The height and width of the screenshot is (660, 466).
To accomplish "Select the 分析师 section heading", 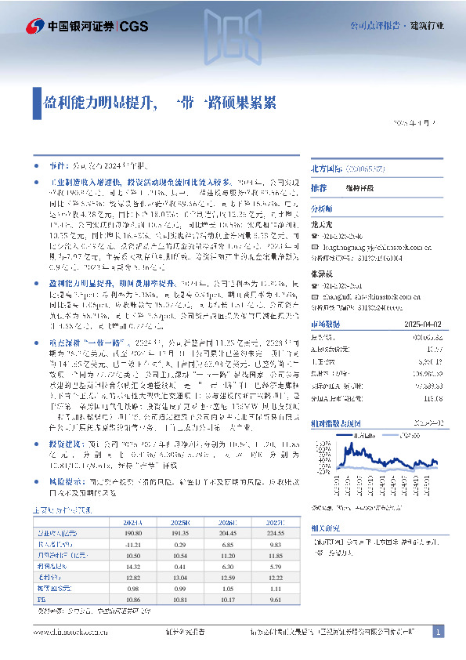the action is pos(322,210).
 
